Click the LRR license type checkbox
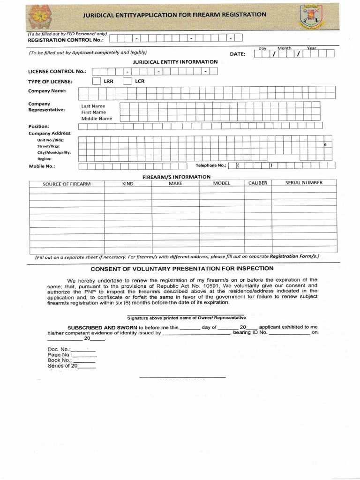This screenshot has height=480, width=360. coord(96,81)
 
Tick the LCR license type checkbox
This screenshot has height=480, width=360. coord(127,81)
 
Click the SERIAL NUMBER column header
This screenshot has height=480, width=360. coord(304,183)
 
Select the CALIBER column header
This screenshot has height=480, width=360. coord(258,183)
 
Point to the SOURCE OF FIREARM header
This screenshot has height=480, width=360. coord(67,184)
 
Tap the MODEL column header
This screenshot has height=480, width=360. coord(222,183)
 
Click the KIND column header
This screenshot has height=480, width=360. coord(128,184)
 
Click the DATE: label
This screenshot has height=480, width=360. coord(238,54)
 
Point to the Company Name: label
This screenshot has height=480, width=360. coord(47,91)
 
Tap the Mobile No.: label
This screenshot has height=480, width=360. coord(42,166)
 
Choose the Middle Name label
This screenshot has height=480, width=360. coord(97,119)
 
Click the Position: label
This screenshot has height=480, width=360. coord(38,126)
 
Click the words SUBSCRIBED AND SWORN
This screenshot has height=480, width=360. coord(102,327)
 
